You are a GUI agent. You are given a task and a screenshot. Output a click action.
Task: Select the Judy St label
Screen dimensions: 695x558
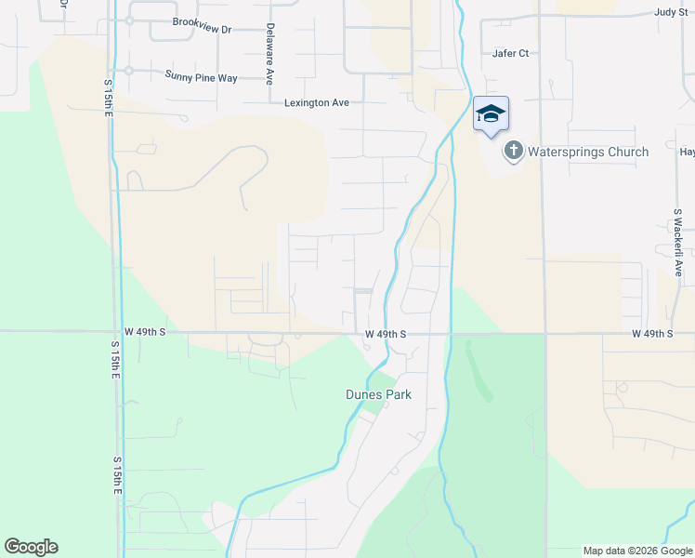670,12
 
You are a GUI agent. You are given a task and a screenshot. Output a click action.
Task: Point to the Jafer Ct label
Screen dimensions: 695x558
510,53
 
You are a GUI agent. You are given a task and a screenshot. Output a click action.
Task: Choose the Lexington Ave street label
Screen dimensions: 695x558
317,102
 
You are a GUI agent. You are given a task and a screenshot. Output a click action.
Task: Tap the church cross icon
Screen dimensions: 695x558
513,151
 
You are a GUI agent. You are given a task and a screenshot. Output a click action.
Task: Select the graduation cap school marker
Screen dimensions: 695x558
491,113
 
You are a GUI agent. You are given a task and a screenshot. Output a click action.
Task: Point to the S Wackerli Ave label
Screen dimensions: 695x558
678,242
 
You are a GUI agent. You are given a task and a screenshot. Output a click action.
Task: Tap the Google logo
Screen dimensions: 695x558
31,547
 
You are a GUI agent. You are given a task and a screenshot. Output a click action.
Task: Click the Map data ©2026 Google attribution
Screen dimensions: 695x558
636,551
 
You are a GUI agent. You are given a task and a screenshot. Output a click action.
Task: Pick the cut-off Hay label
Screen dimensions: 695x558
687,152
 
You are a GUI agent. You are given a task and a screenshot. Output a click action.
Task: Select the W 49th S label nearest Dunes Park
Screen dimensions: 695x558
386,333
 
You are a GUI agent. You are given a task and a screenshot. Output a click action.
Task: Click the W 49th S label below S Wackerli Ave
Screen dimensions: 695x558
651,333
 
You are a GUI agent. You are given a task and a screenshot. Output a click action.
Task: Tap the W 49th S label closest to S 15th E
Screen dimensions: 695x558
145,331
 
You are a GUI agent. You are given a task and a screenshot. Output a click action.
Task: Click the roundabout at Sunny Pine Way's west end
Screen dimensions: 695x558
129,71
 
